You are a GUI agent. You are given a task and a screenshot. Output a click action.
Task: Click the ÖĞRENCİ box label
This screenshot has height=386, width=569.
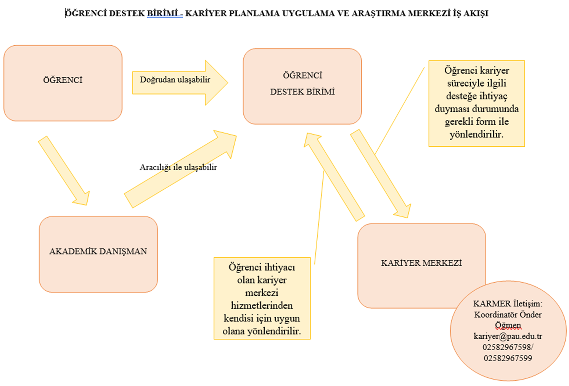[63, 80]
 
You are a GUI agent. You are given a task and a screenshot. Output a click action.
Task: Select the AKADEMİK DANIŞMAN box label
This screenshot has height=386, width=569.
[98, 251]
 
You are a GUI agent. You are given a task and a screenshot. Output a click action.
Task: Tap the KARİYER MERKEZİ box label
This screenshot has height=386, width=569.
[421, 263]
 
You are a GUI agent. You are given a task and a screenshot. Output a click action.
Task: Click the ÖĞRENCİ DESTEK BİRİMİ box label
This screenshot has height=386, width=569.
[302, 84]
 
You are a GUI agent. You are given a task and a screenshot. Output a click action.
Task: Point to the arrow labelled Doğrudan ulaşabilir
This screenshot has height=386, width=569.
[179, 82]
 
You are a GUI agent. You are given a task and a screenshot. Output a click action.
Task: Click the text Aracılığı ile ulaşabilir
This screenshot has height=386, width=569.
[178, 167]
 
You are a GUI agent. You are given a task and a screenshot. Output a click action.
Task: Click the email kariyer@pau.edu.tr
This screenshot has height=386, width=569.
[508, 336]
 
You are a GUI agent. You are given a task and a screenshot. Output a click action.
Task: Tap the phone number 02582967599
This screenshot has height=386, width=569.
[508, 358]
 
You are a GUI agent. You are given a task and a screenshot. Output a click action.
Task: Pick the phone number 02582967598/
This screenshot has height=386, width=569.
[508, 347]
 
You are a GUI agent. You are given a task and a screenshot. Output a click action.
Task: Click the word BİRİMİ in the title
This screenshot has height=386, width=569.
[162, 13]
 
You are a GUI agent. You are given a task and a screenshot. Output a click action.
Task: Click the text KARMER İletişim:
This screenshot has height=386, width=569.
[508, 304]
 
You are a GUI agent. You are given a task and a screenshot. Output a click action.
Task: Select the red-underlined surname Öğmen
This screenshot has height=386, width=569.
[508, 325]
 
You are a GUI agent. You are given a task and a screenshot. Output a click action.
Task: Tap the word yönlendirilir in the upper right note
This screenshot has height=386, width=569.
[476, 134]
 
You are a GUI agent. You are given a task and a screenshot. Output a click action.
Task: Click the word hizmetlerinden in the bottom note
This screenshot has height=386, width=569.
[262, 306]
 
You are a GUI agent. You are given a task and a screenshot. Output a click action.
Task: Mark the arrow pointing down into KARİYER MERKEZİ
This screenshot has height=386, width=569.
[380, 173]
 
